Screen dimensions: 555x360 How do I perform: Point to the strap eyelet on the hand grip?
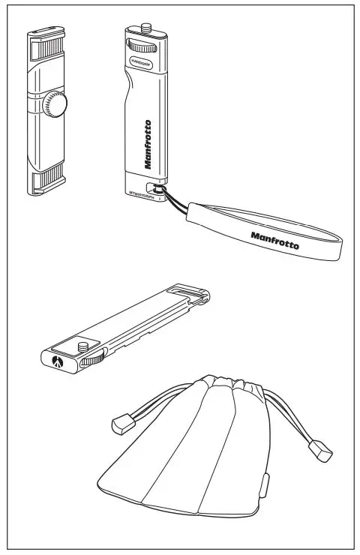pos(155,190)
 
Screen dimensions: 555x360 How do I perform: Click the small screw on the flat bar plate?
pos(81,347)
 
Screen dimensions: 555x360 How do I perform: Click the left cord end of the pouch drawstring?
pos(121,425)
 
